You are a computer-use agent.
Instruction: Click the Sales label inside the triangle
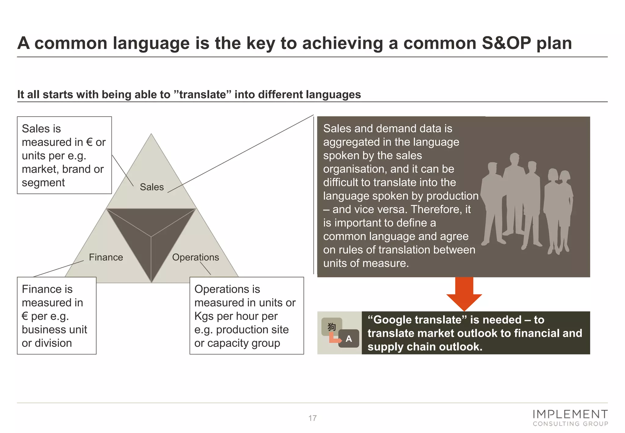pyautogui.click(x=152, y=187)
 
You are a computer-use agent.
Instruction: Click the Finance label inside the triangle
pyautogui.click(x=106, y=257)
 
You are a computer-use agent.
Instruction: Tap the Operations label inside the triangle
pyautogui.click(x=195, y=257)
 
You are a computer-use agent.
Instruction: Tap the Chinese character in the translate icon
pyautogui.click(x=332, y=327)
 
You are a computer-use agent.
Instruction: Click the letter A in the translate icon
pyautogui.click(x=349, y=339)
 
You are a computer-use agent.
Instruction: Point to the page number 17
pyautogui.click(x=312, y=418)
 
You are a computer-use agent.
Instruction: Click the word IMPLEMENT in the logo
pyautogui.click(x=570, y=414)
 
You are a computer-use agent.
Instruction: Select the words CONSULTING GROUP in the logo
pyautogui.click(x=570, y=424)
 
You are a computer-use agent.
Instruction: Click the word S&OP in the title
pyautogui.click(x=506, y=43)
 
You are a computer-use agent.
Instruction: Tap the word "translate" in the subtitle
pyautogui.click(x=203, y=95)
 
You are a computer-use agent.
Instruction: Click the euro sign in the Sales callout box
pyautogui.click(x=89, y=142)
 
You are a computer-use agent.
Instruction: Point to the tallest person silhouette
pyautogui.click(x=515, y=195)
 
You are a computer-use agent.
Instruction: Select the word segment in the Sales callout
pyautogui.click(x=43, y=183)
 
